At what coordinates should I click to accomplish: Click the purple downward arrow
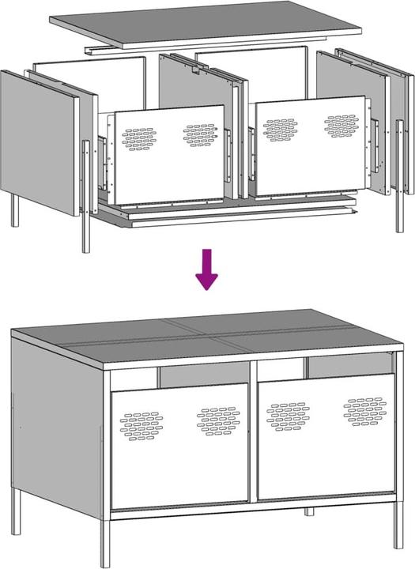pyautogui.click(x=207, y=269)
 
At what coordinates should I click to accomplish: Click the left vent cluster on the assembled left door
pyautogui.click(x=140, y=425)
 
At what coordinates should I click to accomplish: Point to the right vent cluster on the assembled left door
pyautogui.click(x=218, y=420)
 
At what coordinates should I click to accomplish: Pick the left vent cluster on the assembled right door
pyautogui.click(x=288, y=416)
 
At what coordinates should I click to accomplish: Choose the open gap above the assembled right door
pyautogui.click(x=348, y=366)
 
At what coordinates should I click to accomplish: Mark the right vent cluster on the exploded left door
pyautogui.click(x=200, y=135)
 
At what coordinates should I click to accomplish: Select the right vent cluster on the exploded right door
pyautogui.click(x=341, y=125)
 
